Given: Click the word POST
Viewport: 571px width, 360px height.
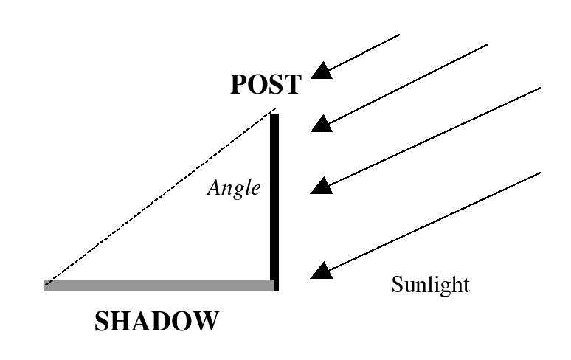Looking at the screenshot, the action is pyautogui.click(x=266, y=84).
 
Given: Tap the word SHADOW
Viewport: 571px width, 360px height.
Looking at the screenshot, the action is pyautogui.click(x=156, y=321).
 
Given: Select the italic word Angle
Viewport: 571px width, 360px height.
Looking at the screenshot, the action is pyautogui.click(x=234, y=189).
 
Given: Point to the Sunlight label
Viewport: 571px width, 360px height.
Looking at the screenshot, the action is pyautogui.click(x=430, y=284).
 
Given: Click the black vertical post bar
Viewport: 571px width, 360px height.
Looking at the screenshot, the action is pyautogui.click(x=274, y=202).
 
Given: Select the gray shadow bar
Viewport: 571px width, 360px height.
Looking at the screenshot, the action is pyautogui.click(x=159, y=285).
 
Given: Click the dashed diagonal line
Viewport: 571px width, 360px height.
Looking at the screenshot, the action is pyautogui.click(x=160, y=196).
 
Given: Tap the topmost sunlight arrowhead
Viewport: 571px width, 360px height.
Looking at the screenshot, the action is pyautogui.click(x=322, y=71).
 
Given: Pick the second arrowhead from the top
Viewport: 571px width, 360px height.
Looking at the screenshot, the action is pyautogui.click(x=322, y=123).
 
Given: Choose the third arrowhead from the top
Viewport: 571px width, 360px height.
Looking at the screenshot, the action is pyautogui.click(x=321, y=185).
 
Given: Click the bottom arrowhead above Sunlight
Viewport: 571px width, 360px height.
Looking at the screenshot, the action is pyautogui.click(x=321, y=270).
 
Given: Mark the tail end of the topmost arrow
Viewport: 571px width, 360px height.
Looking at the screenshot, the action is pyautogui.click(x=400, y=35).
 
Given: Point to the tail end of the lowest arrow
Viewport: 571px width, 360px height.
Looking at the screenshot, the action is pyautogui.click(x=541, y=173).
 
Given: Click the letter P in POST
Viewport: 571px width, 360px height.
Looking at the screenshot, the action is pyautogui.click(x=239, y=84).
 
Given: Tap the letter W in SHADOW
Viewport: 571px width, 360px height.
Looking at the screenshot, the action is pyautogui.click(x=207, y=321).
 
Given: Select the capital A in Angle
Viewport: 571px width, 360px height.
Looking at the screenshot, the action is pyautogui.click(x=214, y=188).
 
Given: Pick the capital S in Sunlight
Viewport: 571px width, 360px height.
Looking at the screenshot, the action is pyautogui.click(x=397, y=284).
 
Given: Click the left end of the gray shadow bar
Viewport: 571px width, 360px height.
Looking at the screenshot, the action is pyautogui.click(x=45, y=285).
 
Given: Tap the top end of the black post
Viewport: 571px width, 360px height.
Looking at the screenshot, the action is pyautogui.click(x=274, y=114).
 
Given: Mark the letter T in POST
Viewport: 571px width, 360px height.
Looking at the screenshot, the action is pyautogui.click(x=292, y=84).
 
